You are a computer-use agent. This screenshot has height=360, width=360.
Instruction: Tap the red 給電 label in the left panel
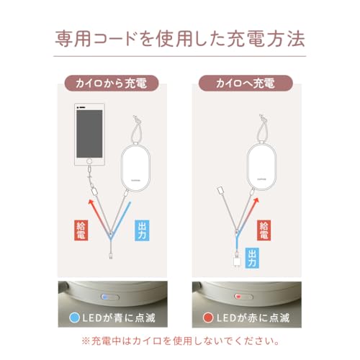pyautogui.click(x=81, y=232)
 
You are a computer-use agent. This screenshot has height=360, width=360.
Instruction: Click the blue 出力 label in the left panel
pyautogui.click(x=142, y=232)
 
